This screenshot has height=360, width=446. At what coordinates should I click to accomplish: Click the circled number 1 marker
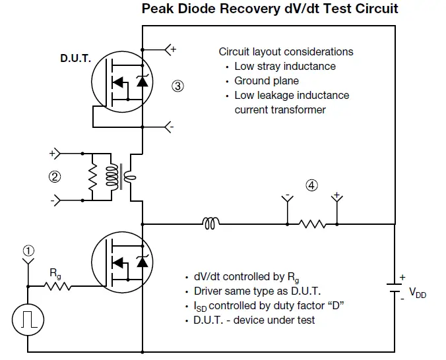[x=27, y=251]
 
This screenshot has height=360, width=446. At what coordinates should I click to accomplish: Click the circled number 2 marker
[x=55, y=176]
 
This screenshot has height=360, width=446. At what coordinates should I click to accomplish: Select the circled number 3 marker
[x=177, y=86]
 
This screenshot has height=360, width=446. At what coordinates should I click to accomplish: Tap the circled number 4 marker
[x=311, y=186]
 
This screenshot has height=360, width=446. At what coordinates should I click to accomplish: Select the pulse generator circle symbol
[x=28, y=320]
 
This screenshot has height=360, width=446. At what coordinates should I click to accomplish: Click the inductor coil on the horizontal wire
[x=211, y=224]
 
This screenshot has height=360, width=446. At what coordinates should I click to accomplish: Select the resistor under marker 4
[x=311, y=224]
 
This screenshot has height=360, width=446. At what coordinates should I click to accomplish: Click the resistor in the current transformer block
[x=93, y=177]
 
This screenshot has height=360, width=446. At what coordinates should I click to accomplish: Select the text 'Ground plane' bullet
[x=262, y=80]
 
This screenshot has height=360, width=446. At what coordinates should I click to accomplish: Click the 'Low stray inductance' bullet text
[x=285, y=66]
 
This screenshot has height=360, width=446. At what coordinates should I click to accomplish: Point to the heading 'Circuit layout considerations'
[x=286, y=51]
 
